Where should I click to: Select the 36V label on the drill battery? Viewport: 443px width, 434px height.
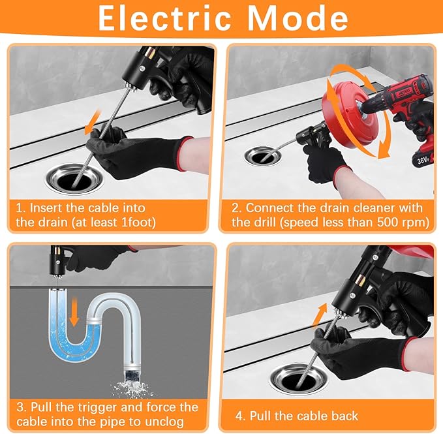(x=424, y=159)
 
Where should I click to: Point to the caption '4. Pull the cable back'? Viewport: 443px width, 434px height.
(x=297, y=415)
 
